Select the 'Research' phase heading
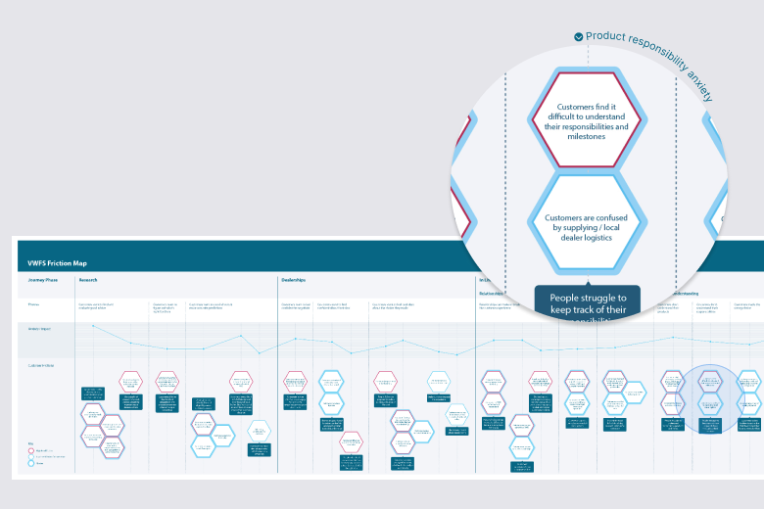[88, 280]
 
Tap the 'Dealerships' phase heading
[295, 280]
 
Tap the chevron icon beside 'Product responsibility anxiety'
[579, 36]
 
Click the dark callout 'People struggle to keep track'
[587, 304]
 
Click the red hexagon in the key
[32, 450]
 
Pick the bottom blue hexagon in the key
[32, 465]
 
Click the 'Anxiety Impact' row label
[40, 327]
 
